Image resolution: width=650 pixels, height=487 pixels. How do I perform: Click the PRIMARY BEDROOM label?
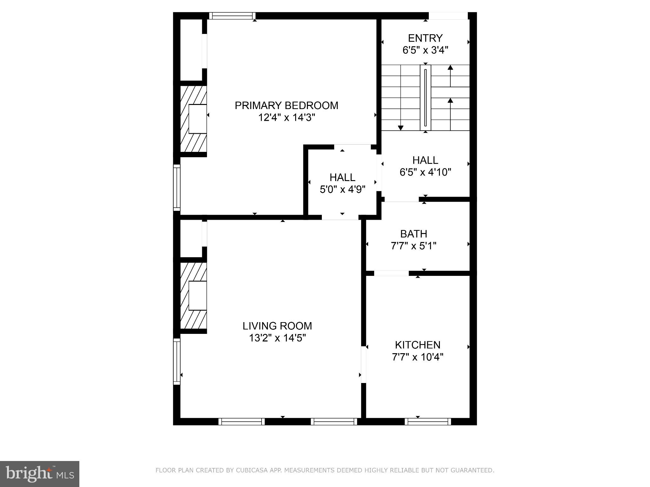pos(286,106)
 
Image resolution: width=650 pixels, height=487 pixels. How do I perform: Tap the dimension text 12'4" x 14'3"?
pos(286,118)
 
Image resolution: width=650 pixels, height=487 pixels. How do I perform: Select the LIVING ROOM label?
pos(277,326)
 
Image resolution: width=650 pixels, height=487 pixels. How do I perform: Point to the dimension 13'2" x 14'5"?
pos(277,338)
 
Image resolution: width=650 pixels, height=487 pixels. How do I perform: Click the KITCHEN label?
pos(417,345)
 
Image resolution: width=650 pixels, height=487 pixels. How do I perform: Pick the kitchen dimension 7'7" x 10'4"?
pos(417,357)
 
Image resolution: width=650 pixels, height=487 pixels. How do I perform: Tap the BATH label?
pos(414,234)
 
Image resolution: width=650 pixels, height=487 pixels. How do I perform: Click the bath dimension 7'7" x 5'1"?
pos(414,246)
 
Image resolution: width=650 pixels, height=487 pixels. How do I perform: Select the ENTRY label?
pos(425,38)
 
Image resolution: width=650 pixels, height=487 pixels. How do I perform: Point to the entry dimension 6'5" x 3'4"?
pos(425,50)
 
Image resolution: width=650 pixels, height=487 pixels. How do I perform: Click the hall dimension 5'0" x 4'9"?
pos(342,190)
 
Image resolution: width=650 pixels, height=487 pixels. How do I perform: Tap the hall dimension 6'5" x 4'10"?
pos(425,172)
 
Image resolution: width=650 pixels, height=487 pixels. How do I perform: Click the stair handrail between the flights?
pos(425,98)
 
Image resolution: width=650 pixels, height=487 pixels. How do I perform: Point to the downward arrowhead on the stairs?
pos(401,128)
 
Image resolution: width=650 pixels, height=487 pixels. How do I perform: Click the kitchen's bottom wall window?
pos(428,422)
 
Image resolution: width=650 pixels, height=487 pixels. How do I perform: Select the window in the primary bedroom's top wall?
pos(232,16)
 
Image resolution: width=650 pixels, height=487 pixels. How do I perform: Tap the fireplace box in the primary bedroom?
pos(197,119)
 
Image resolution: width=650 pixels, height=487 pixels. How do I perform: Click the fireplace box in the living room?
pos(197,295)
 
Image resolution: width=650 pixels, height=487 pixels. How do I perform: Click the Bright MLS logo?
pos(40,474)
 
